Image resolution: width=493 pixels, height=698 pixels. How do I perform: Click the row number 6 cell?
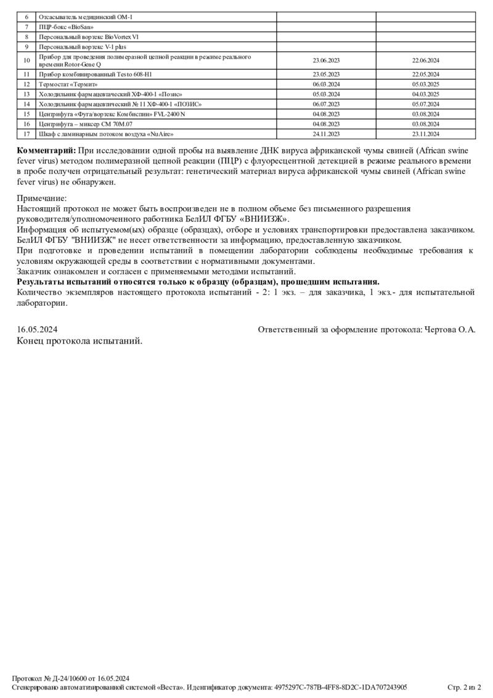(26, 17)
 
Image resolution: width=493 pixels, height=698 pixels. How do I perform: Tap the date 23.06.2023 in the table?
(326, 60)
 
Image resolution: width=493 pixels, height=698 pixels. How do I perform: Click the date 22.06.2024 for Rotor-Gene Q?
(426, 60)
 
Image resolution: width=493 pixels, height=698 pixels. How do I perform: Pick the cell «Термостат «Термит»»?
(68, 84)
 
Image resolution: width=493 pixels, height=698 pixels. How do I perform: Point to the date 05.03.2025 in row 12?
(426, 84)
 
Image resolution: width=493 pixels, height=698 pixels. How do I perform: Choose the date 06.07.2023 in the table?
(326, 104)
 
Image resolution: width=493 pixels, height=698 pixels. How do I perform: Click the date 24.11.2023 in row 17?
(326, 134)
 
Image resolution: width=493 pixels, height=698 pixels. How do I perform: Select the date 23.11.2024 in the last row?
(426, 134)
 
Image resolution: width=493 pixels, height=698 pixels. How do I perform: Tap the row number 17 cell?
(26, 134)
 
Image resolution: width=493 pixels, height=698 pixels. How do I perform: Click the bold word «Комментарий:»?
(46, 152)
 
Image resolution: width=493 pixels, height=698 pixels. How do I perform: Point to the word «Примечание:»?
(41, 199)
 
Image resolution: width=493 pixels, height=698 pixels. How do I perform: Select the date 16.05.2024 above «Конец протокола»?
(37, 330)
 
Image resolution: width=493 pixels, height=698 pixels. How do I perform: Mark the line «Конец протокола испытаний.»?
(79, 341)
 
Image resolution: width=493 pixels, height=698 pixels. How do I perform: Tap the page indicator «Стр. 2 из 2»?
(464, 687)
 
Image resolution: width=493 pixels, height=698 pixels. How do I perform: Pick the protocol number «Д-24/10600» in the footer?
(72, 678)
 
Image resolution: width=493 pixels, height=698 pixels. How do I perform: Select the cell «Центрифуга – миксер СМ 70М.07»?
(86, 124)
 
